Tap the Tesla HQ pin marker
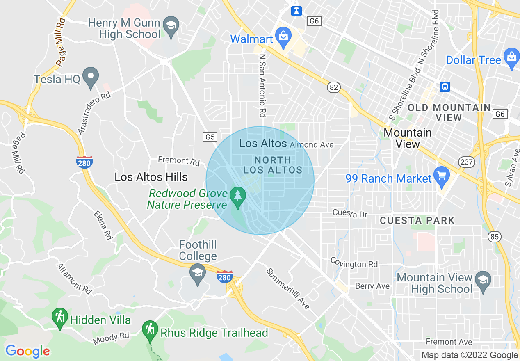pyautogui.click(x=91, y=77)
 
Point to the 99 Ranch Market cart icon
pyautogui.click(x=441, y=176)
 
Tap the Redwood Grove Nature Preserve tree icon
pyautogui.click(x=237, y=195)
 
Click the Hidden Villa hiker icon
pyautogui.click(x=60, y=317)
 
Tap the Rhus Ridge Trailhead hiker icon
pyautogui.click(x=150, y=330)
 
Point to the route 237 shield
pyautogui.click(x=467, y=162)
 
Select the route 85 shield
pyautogui.click(x=495, y=236)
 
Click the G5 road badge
pyautogui.click(x=210, y=137)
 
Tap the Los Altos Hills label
pyautogui.click(x=151, y=177)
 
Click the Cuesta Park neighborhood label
pyautogui.click(x=417, y=221)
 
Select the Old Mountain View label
pyautogui.click(x=449, y=112)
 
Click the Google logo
pyautogui.click(x=28, y=351)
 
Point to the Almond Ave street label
pyautogui.click(x=311, y=145)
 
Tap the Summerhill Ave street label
pyautogui.click(x=288, y=289)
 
